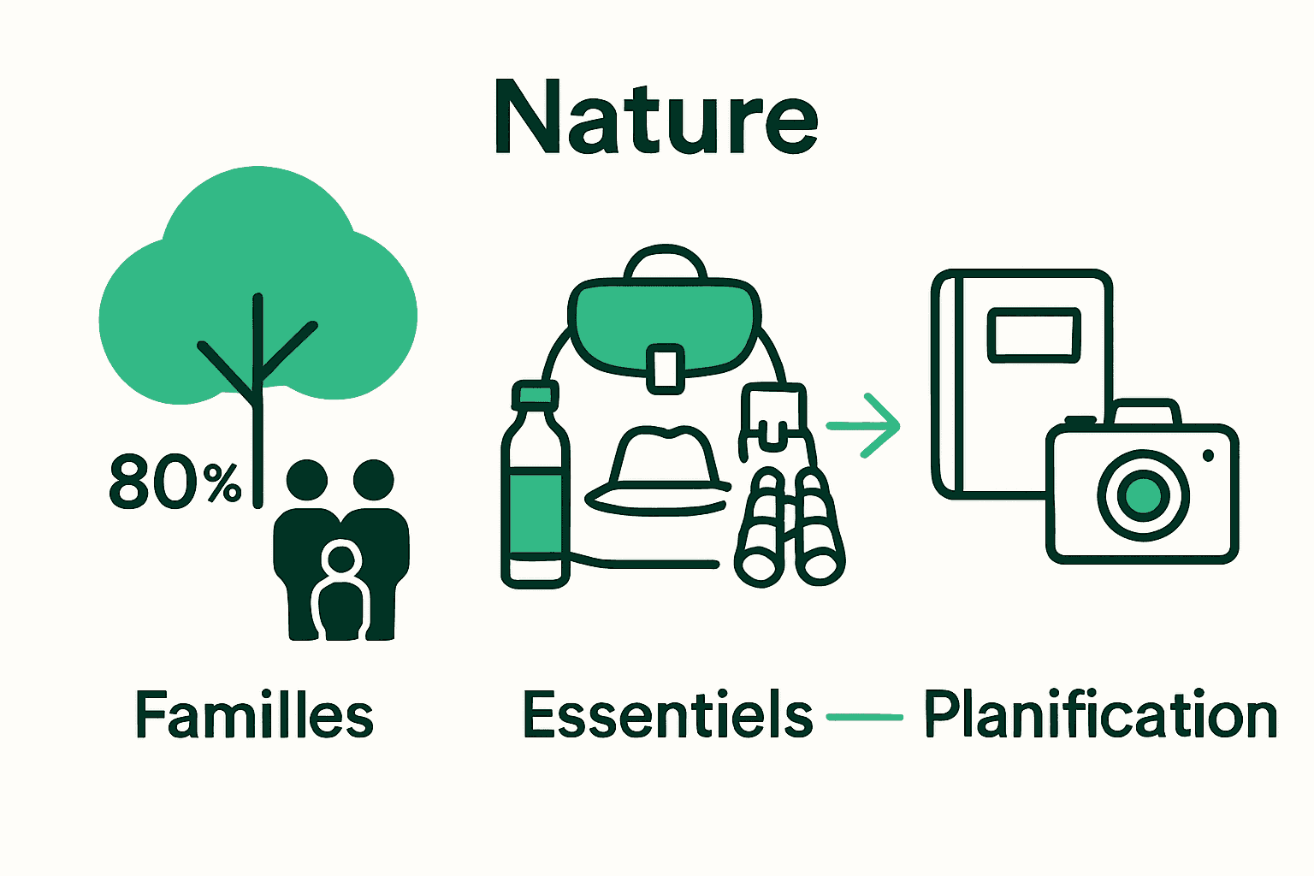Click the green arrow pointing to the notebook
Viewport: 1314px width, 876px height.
(866, 425)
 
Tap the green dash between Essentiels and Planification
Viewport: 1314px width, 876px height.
(865, 717)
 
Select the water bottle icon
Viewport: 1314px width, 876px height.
(536, 496)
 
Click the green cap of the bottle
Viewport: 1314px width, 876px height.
(536, 395)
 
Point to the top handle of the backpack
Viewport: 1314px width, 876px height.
(666, 261)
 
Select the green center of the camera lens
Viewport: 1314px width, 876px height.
(1143, 495)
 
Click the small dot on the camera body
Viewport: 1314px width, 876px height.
(1208, 456)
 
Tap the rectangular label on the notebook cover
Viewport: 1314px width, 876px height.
(1033, 334)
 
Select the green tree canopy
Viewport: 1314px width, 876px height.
(257, 282)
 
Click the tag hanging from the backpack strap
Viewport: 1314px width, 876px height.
(772, 415)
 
